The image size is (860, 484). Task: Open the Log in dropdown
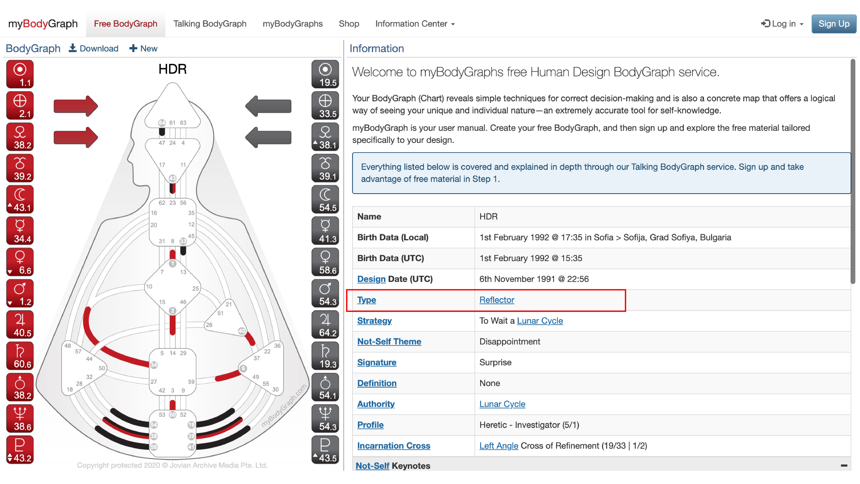[x=782, y=24]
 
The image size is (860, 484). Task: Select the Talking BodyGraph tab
[x=210, y=24]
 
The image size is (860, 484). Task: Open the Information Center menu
[x=415, y=24]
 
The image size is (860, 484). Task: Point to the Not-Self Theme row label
[x=389, y=341]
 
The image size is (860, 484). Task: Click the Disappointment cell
[x=509, y=341]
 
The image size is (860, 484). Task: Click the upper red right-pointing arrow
[x=76, y=106]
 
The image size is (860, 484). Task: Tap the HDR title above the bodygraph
[x=172, y=69]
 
